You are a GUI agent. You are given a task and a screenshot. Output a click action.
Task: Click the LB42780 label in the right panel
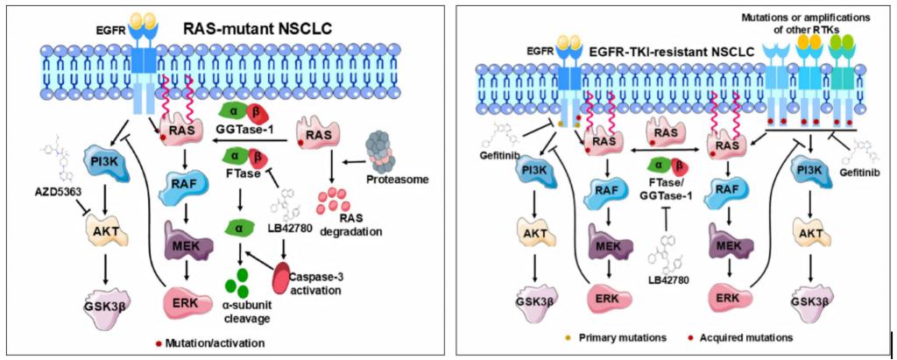[669, 283]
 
